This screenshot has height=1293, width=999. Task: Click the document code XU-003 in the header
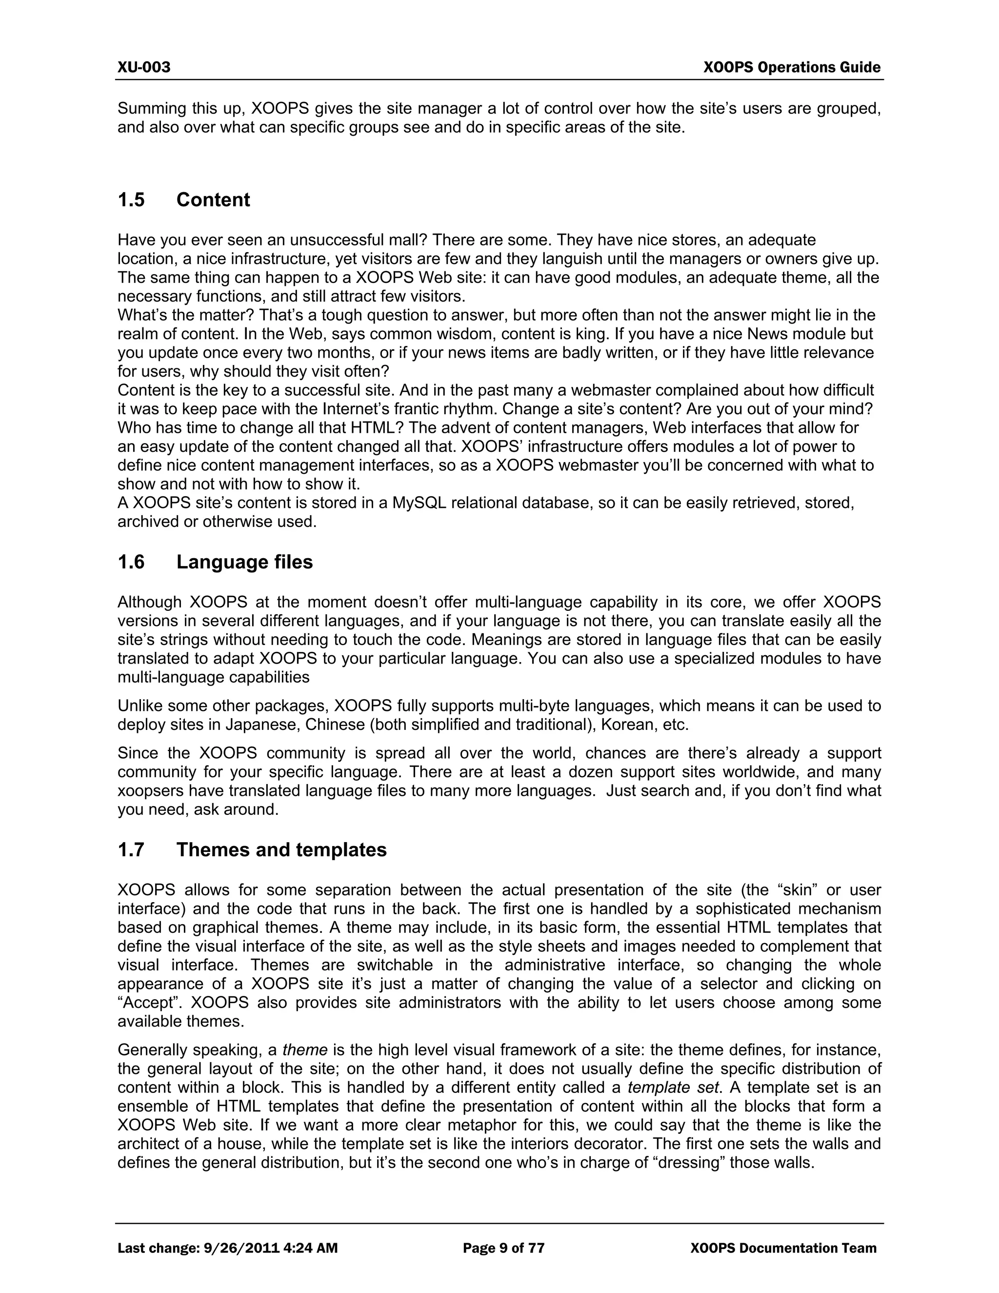tap(144, 67)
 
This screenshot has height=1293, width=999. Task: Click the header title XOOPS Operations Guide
tap(792, 67)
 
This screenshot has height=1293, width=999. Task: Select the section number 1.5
tap(131, 200)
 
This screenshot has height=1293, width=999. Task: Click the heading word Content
tap(213, 200)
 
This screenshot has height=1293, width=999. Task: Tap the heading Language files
tap(244, 562)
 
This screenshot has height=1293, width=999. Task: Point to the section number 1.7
tap(131, 850)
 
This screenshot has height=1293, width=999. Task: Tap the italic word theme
tap(305, 1051)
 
